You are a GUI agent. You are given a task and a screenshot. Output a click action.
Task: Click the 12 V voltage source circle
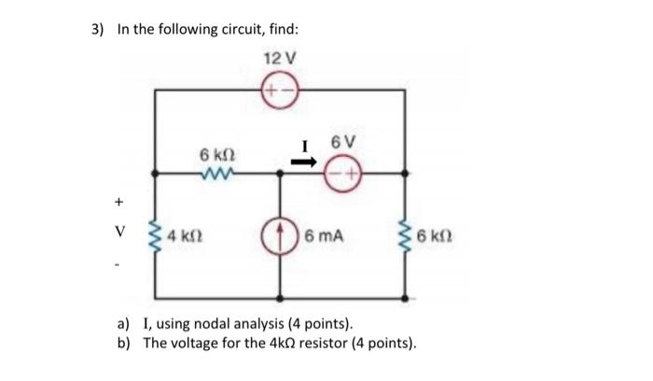point(280,90)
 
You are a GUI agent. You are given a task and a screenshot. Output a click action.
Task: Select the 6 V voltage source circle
point(341,173)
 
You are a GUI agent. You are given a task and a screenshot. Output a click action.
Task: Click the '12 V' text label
point(280,58)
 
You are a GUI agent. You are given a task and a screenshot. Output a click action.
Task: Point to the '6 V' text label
point(341,142)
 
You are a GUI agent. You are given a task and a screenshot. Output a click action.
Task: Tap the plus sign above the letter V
point(118,200)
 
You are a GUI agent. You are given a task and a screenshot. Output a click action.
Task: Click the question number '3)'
point(97,29)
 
